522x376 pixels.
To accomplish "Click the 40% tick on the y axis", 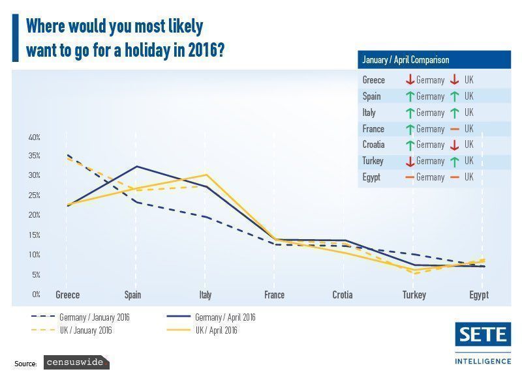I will [35, 137].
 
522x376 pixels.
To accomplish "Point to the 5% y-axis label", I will [36, 274].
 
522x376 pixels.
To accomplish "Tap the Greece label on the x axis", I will [68, 295].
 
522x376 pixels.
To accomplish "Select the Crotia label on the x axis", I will [343, 295].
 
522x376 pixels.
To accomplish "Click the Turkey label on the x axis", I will [414, 295].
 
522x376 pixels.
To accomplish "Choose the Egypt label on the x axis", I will [479, 295].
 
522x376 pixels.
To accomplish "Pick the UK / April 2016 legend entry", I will [216, 330].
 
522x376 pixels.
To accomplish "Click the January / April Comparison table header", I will [406, 60].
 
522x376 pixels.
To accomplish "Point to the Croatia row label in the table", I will [374, 145].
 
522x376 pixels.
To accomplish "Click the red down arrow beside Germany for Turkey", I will [410, 161].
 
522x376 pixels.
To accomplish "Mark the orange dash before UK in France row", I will [454, 129].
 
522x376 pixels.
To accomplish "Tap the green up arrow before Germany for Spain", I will [410, 96].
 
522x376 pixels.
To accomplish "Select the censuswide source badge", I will [76, 362].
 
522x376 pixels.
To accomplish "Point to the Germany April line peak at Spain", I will [136, 166].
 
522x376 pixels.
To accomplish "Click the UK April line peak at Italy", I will [206, 174].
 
